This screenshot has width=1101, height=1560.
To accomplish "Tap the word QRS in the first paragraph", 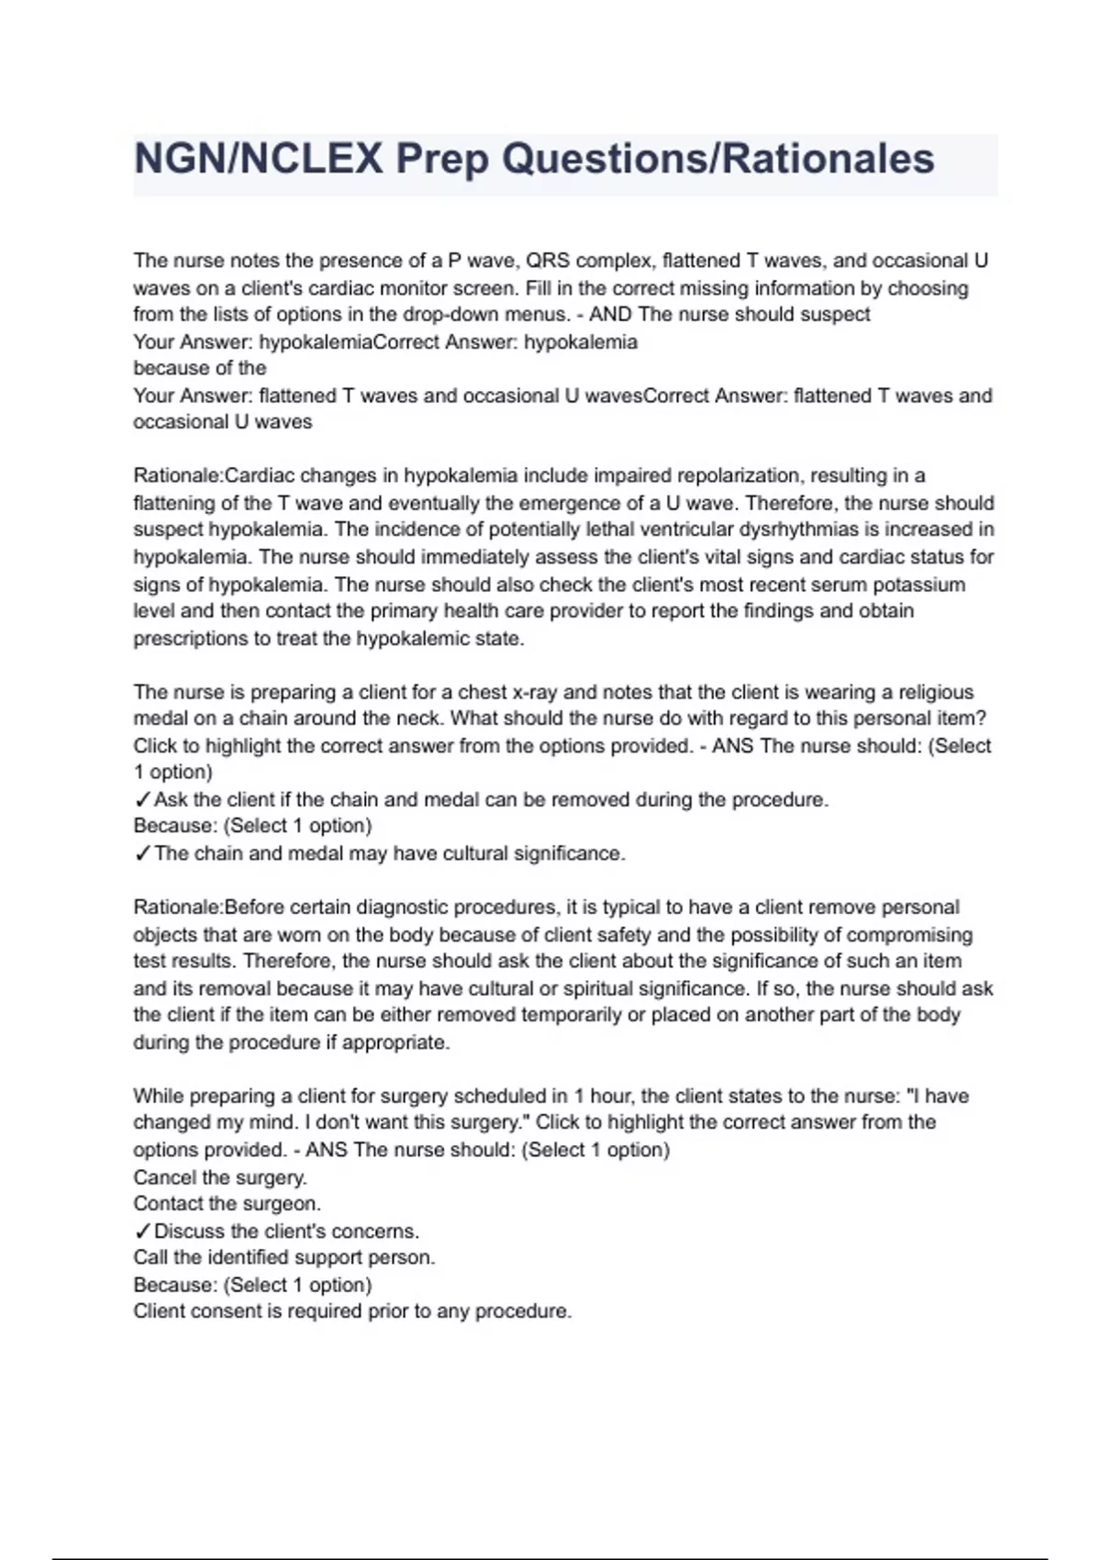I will (x=542, y=261).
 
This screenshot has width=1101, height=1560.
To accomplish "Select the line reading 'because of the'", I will (x=200, y=368).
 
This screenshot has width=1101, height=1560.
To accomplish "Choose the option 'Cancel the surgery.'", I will (x=220, y=1177).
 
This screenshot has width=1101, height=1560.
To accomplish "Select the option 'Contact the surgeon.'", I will (x=227, y=1204).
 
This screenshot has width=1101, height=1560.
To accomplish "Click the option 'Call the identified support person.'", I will (x=284, y=1257).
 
